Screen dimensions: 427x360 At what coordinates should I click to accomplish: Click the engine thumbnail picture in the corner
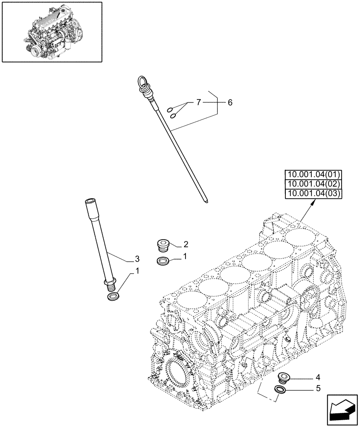click(52, 32)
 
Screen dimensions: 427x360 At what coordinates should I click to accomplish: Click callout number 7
click(198, 102)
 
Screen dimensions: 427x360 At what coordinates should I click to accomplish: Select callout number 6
click(230, 102)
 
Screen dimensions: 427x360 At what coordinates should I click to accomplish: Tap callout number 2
click(186, 244)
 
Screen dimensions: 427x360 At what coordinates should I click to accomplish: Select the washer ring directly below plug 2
click(162, 261)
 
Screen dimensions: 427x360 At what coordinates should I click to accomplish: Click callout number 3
click(137, 259)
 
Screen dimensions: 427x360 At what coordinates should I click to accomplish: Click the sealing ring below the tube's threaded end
click(113, 296)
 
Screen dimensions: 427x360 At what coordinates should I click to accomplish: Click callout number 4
click(317, 377)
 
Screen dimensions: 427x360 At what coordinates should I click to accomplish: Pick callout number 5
click(317, 389)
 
